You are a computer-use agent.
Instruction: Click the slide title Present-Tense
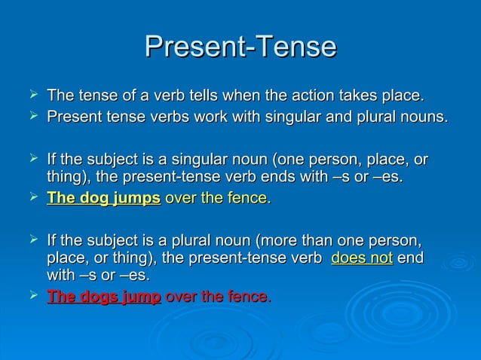(240, 47)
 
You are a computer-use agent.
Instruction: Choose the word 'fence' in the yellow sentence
(247, 199)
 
